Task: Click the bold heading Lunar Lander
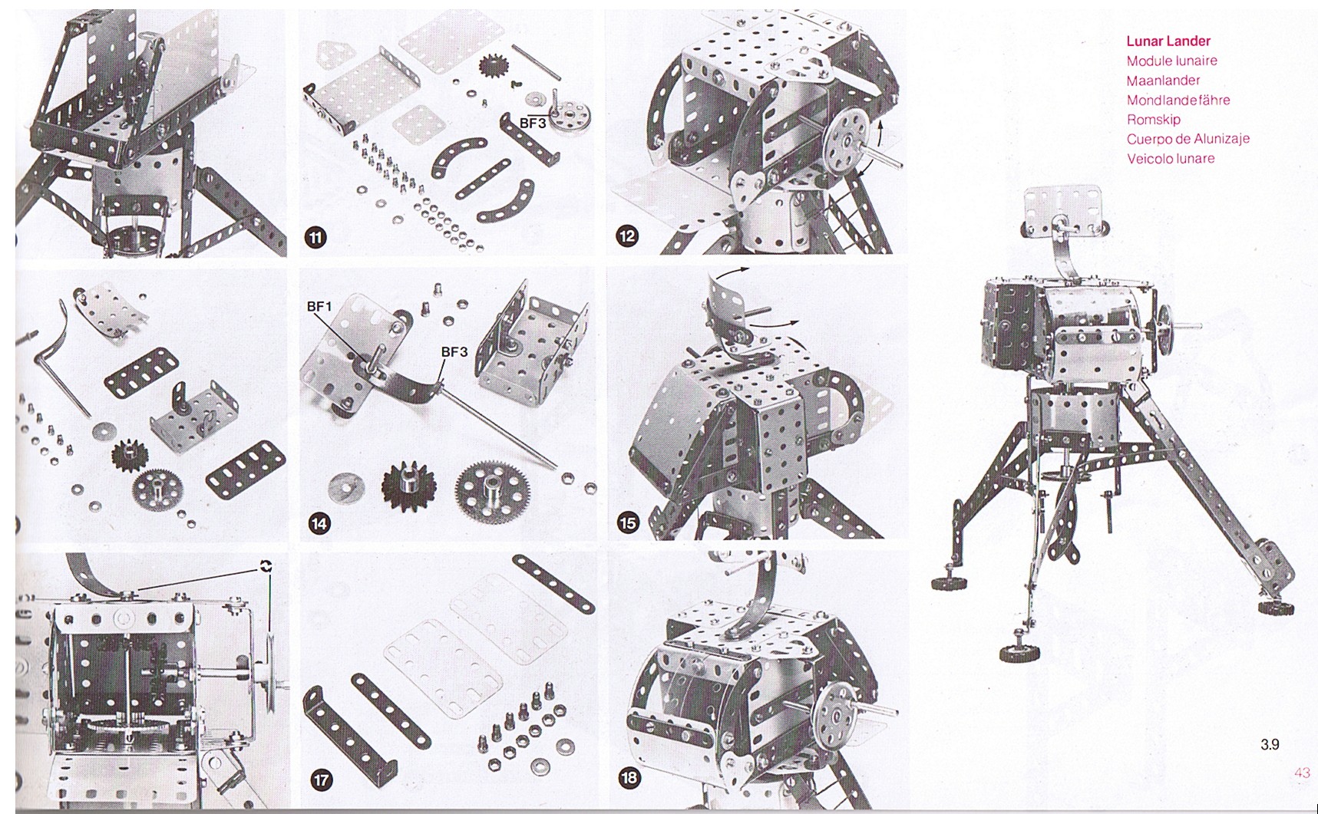(1168, 41)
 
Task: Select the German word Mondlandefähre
(1178, 100)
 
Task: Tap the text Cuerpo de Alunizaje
(1188, 139)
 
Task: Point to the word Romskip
(1154, 120)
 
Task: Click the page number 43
(1302, 773)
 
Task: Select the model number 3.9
(1270, 744)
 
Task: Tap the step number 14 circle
(319, 524)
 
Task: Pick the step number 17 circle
(321, 780)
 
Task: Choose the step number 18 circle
(629, 778)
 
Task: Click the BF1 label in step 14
(319, 307)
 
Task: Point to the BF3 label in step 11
(533, 123)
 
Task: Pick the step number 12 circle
(627, 236)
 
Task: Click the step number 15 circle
(628, 523)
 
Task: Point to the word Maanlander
(1163, 81)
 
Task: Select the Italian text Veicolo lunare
(1171, 159)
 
